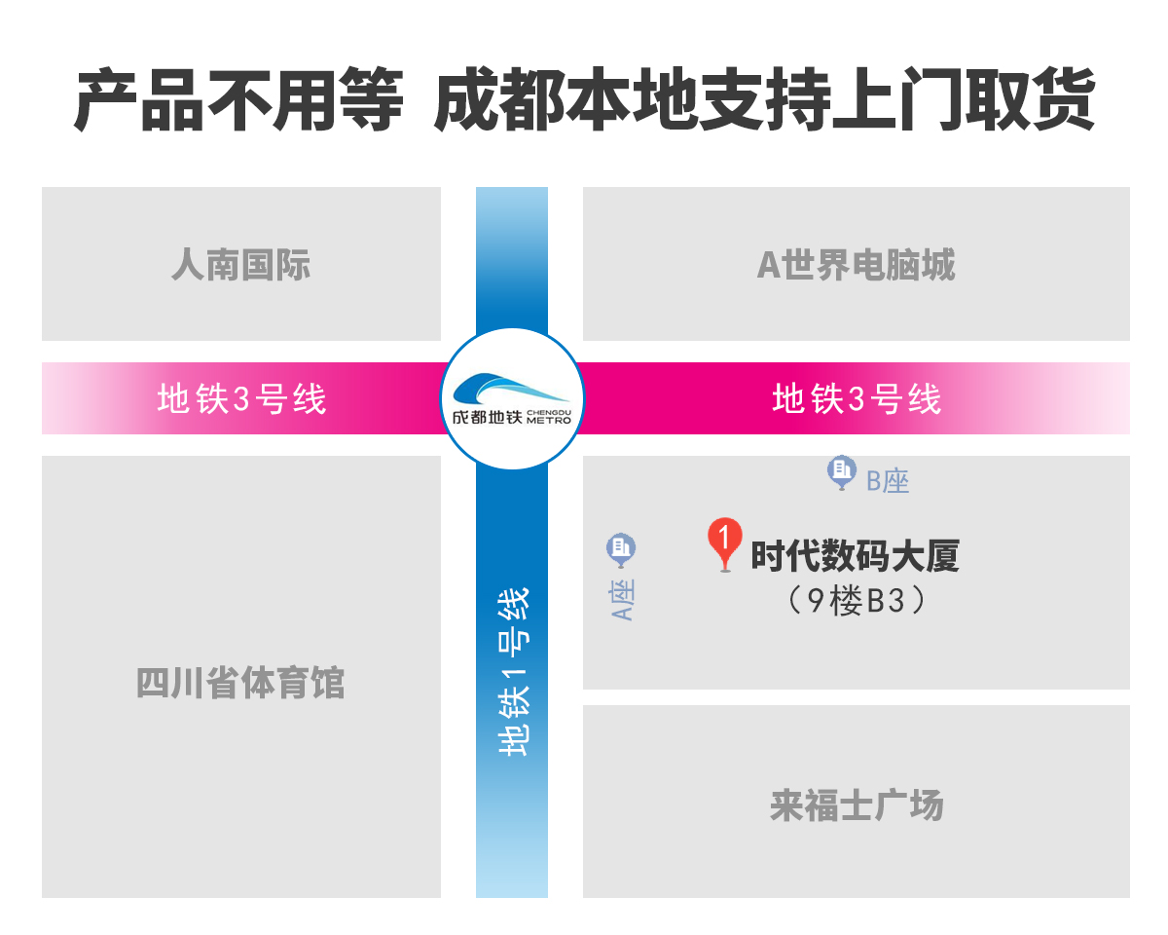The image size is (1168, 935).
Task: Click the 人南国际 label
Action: [241, 265]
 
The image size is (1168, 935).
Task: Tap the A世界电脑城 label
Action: [857, 265]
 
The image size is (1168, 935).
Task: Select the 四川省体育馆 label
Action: [241, 684]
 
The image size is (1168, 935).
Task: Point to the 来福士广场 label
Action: [857, 806]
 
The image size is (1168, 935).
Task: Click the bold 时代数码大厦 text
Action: [855, 557]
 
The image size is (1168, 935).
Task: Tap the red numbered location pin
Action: [724, 542]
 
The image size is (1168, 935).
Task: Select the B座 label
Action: [888, 480]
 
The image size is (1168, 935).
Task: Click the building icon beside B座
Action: [840, 471]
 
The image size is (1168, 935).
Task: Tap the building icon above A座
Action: [621, 549]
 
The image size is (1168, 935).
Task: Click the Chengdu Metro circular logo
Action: [512, 399]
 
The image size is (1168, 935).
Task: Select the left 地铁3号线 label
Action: [241, 399]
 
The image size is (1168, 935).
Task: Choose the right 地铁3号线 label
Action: [857, 399]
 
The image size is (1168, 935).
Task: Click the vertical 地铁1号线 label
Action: [513, 672]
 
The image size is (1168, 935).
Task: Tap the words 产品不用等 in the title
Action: [238, 100]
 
